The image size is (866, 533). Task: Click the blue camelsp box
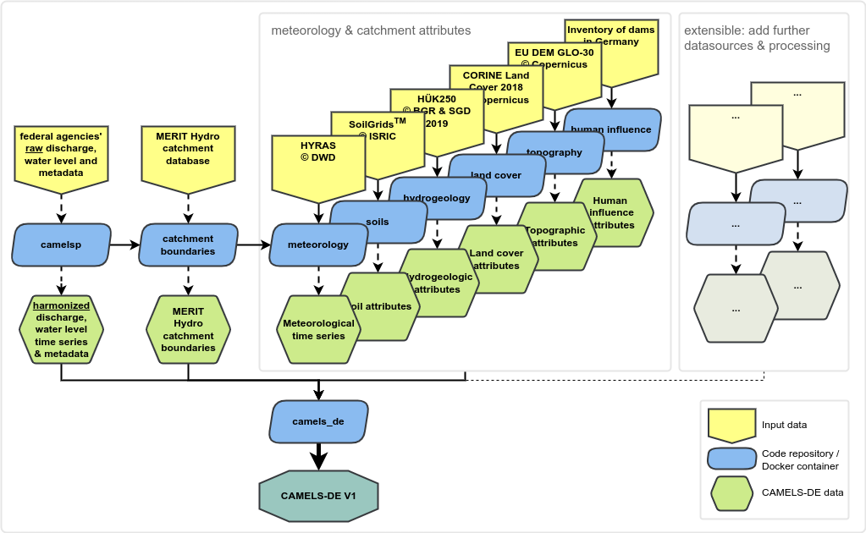[x=61, y=245]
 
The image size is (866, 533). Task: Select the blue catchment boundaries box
[x=188, y=245]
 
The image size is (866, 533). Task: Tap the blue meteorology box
[x=318, y=245]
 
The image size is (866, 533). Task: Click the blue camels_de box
[x=318, y=420]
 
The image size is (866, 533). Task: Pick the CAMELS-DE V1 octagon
[x=318, y=494]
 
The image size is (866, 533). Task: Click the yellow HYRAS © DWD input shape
[x=317, y=161]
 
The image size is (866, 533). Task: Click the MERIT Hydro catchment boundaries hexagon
[x=188, y=329]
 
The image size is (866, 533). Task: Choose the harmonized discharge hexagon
[x=61, y=329]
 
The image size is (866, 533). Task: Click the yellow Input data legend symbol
[x=730, y=424]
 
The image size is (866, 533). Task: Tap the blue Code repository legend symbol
[x=730, y=459]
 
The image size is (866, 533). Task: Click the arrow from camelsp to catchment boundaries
[x=124, y=245]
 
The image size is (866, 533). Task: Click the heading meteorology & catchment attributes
[x=371, y=30]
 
